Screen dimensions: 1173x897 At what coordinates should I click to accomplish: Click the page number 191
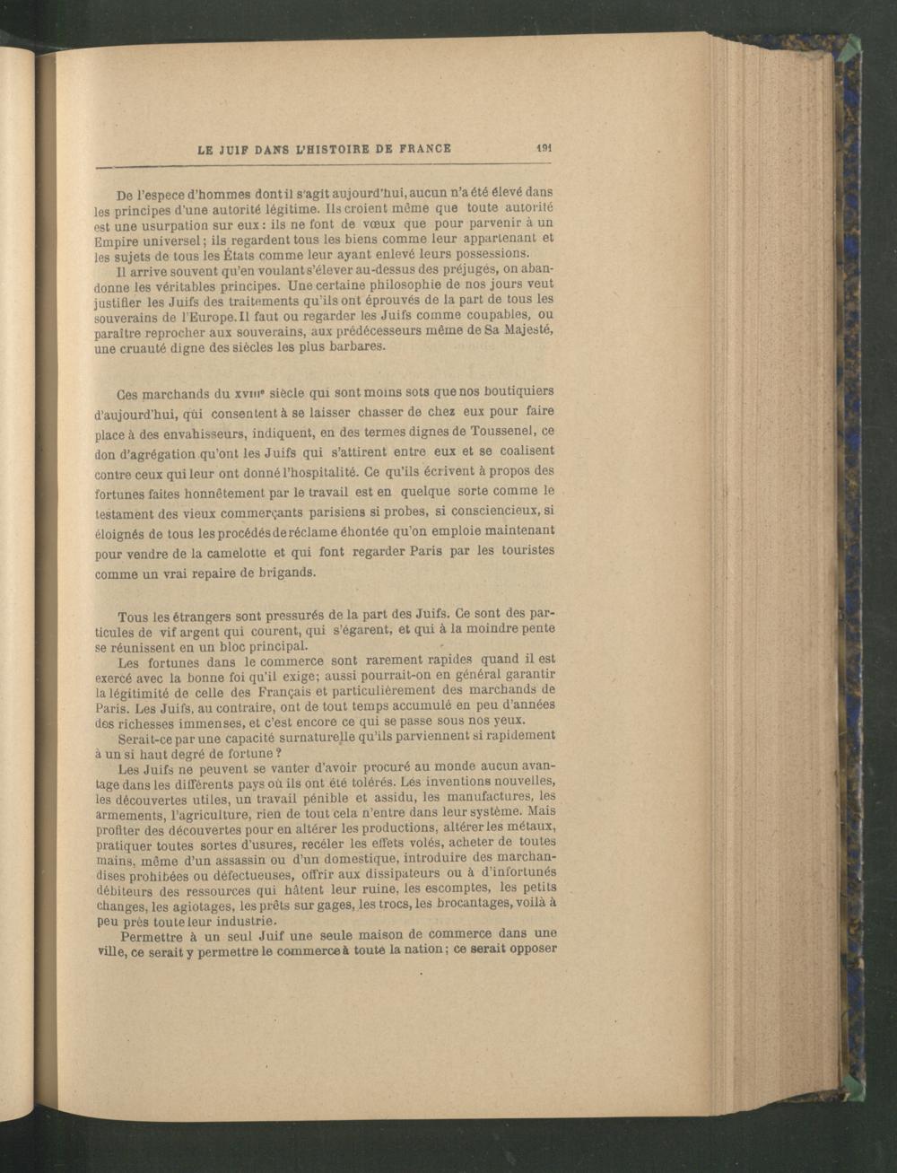click(543, 149)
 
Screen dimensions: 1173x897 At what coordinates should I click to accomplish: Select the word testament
click(122, 513)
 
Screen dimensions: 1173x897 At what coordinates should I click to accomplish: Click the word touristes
click(524, 549)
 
